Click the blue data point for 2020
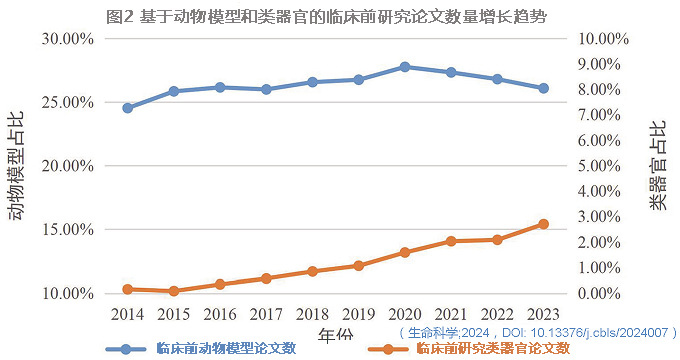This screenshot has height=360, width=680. (x=404, y=67)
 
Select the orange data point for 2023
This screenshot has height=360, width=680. (x=543, y=224)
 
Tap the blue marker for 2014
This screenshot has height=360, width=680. (x=127, y=108)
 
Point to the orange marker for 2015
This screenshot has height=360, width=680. (x=173, y=291)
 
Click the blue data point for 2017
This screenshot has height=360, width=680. (x=266, y=89)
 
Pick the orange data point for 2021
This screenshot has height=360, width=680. (x=451, y=241)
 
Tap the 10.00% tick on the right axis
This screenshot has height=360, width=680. (x=604, y=38)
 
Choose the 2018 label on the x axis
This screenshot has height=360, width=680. (x=312, y=314)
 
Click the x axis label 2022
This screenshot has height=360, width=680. (x=497, y=314)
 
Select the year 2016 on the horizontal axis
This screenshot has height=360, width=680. (x=220, y=314)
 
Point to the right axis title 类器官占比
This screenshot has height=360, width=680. (x=657, y=166)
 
